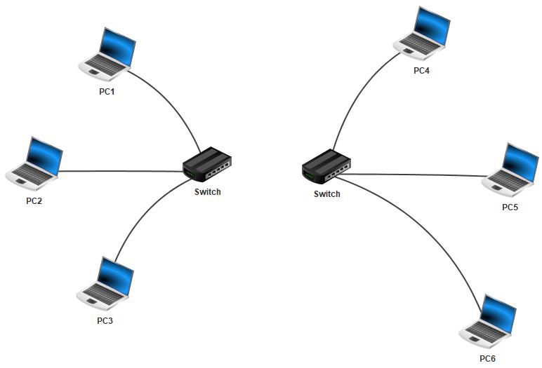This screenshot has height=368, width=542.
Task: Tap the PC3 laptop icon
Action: point(105,284)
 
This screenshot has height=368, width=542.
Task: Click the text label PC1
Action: point(107,91)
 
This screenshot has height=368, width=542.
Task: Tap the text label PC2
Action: point(34,200)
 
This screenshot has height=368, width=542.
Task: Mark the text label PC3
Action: point(105,320)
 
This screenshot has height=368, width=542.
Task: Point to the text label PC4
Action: point(421,71)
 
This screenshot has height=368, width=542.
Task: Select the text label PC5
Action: point(510,207)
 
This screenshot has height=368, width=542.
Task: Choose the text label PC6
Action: point(488,359)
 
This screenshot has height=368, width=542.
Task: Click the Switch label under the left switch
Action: point(207,192)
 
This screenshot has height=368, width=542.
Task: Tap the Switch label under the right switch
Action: point(326,194)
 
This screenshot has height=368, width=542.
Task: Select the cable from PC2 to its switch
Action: point(119,171)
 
